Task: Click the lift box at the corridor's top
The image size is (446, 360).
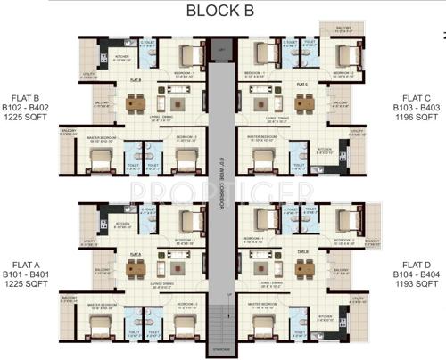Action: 222,53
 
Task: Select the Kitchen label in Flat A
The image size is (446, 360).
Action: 123,224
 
